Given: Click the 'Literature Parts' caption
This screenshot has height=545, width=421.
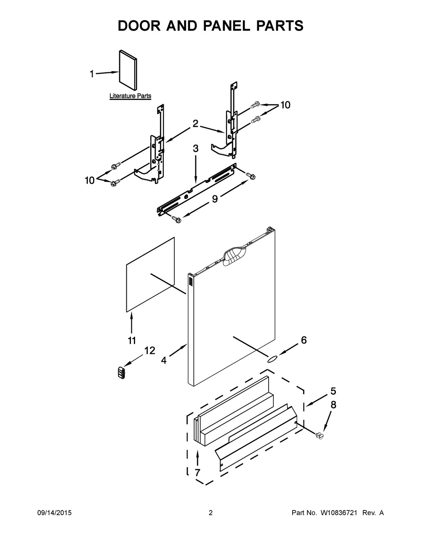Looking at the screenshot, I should [x=130, y=96].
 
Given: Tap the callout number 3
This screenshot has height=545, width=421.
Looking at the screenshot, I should [x=196, y=148].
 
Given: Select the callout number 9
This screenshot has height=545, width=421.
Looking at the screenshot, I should [x=215, y=199].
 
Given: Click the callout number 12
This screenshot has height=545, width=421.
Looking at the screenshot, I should [x=149, y=350].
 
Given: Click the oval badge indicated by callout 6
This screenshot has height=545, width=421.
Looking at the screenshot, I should [x=272, y=358].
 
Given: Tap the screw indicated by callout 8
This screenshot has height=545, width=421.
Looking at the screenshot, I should [x=321, y=435].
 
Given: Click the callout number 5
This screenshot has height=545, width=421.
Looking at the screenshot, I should [x=333, y=391].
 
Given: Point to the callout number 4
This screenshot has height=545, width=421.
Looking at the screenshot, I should [x=163, y=360].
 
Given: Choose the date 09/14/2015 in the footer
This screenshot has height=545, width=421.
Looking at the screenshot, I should [x=54, y=513].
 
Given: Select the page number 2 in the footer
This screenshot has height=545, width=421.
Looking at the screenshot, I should [x=210, y=513].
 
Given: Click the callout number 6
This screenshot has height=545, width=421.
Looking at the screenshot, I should [x=303, y=340].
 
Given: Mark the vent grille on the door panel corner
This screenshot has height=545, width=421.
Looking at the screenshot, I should [x=190, y=281].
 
